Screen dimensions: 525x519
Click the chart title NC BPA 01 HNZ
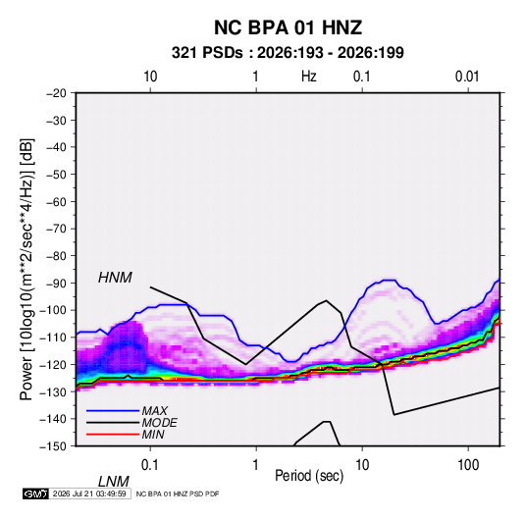(x=288, y=27)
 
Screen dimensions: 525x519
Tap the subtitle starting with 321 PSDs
(x=288, y=53)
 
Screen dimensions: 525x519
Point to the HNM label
(x=115, y=278)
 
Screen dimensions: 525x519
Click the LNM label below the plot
(x=114, y=482)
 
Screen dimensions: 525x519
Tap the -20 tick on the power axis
(x=56, y=93)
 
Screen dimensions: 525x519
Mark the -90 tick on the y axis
(x=56, y=283)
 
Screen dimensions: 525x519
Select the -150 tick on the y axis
(x=53, y=446)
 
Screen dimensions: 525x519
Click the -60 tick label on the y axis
(x=56, y=201)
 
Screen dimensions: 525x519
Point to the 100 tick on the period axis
(x=468, y=465)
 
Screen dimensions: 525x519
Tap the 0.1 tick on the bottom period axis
(x=150, y=465)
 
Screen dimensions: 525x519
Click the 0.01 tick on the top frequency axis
(x=467, y=77)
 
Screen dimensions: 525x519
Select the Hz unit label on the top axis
(x=309, y=77)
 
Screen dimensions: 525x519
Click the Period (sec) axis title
(x=309, y=476)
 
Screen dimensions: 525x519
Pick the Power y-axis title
(x=26, y=270)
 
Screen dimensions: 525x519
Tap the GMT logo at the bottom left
(x=36, y=493)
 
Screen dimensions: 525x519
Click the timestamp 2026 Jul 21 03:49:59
(x=89, y=493)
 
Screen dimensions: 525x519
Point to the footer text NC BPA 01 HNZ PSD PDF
(x=178, y=493)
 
